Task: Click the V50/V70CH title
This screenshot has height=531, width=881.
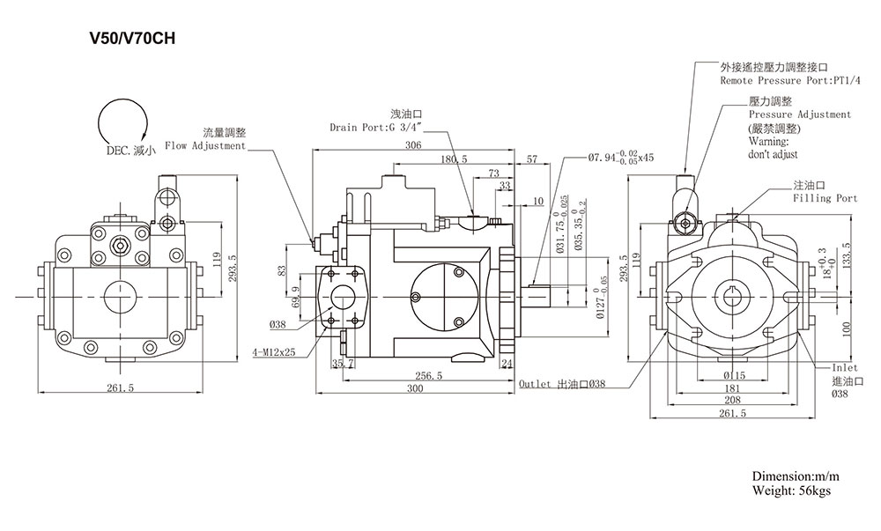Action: point(133,38)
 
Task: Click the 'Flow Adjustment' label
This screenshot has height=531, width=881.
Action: point(205,146)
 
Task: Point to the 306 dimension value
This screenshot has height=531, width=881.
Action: point(413,144)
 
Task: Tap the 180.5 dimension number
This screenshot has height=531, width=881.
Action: point(454,159)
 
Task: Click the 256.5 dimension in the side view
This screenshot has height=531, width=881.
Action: point(429,375)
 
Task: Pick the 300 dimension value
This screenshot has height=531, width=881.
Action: point(415,388)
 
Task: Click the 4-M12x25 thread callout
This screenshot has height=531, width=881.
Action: point(274,352)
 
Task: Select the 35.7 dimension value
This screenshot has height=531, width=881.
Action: point(342,363)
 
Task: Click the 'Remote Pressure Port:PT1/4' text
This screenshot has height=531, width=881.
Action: point(790,81)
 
